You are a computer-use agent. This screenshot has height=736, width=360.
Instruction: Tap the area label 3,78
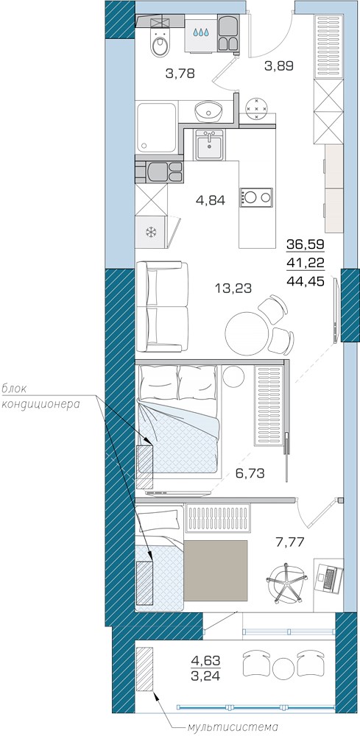(x=180, y=73)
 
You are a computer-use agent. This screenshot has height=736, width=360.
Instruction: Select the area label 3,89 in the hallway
(x=279, y=66)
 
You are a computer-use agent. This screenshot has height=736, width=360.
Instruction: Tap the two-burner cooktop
(x=256, y=197)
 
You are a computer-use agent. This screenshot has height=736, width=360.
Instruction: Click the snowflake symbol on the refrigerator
(x=151, y=232)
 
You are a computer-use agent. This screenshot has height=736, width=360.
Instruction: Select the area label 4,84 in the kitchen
(x=211, y=201)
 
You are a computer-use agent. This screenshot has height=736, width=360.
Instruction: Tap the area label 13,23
(x=233, y=289)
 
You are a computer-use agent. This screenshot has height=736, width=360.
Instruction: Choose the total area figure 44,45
(x=306, y=280)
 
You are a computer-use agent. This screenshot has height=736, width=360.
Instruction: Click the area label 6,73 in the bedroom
(x=250, y=473)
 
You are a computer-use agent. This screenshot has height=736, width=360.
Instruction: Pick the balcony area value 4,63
(x=205, y=661)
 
